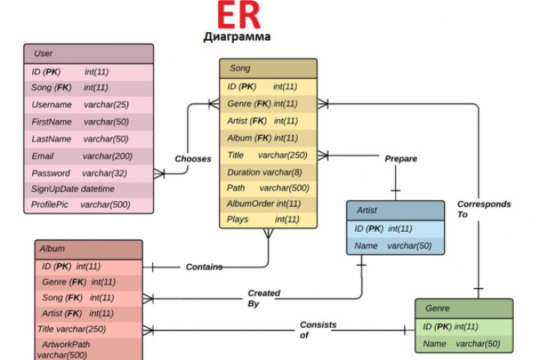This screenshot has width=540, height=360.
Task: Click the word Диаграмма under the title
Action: (x=237, y=36)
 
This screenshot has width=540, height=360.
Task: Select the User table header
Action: (x=88, y=53)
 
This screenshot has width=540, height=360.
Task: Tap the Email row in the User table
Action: (x=88, y=156)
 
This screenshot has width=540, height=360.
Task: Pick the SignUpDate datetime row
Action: (x=88, y=189)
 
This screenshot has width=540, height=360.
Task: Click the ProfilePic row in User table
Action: (x=88, y=205)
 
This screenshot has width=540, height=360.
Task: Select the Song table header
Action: (x=268, y=68)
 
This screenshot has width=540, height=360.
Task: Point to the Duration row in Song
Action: (x=268, y=172)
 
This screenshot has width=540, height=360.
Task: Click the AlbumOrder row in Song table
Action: (x=268, y=203)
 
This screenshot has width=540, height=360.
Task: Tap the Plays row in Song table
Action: (x=268, y=220)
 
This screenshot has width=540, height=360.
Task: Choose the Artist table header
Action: (x=395, y=211)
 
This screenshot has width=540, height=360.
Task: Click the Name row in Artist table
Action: (x=395, y=245)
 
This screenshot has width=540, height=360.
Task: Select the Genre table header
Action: (x=463, y=308)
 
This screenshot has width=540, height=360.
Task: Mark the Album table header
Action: (x=88, y=248)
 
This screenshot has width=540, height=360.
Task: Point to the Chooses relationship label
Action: (x=193, y=159)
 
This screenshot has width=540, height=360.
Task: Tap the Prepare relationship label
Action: (x=400, y=159)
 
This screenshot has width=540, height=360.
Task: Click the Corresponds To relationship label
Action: (x=484, y=209)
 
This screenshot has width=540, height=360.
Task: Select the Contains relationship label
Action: (x=204, y=267)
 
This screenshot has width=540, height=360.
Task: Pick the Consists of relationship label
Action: (x=317, y=330)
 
